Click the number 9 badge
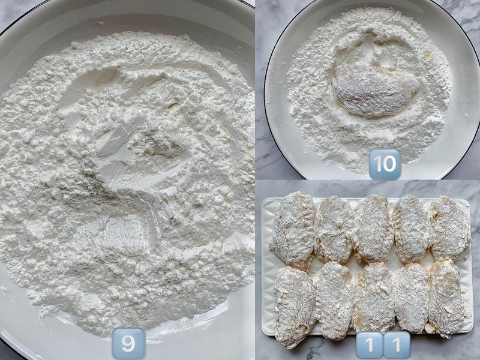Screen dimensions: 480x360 click(x=128, y=343)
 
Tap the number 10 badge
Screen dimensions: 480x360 click(x=385, y=164)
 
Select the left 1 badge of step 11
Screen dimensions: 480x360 click(x=370, y=344)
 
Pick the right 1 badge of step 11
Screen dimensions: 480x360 click(x=397, y=344)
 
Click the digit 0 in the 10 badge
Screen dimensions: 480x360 click(x=389, y=164)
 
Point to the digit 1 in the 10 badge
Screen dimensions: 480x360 click(x=378, y=164)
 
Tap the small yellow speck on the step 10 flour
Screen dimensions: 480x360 click(x=427, y=55)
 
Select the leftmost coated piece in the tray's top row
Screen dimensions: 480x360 click(x=293, y=230)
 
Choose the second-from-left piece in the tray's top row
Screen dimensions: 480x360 click(x=334, y=230)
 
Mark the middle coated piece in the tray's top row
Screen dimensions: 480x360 click(x=373, y=229)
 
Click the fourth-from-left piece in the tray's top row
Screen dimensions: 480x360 click(x=412, y=229)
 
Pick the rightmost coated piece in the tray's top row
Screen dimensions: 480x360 click(x=450, y=228)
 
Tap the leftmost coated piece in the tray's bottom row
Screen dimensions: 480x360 click(x=295, y=307)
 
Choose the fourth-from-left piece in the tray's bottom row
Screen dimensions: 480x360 click(x=412, y=298)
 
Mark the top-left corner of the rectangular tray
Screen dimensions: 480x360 click(x=263, y=199)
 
